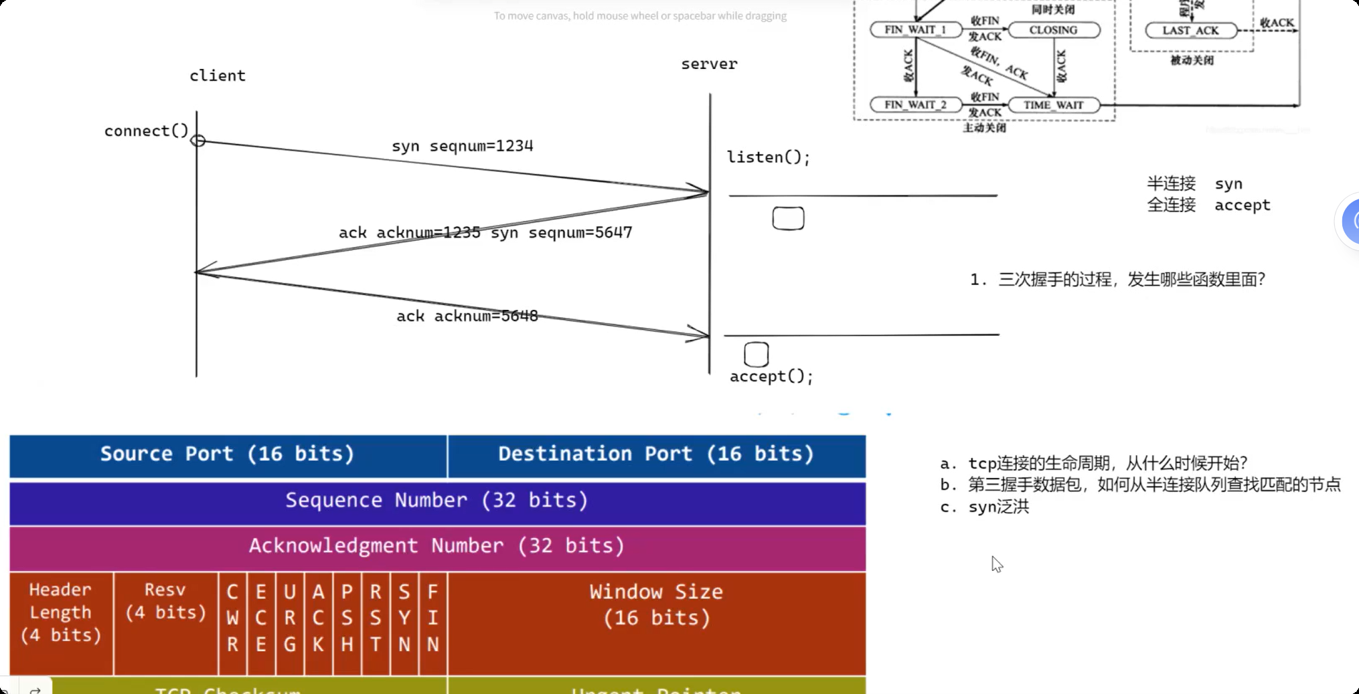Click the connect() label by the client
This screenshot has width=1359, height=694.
point(146,131)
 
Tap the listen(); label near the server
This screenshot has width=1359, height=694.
point(769,158)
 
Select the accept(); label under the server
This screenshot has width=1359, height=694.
point(771,377)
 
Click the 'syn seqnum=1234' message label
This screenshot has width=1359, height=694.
point(462,146)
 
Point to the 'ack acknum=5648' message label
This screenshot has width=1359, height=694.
point(467,316)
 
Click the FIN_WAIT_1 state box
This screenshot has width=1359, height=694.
point(915,30)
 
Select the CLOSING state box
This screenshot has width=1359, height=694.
point(1053,30)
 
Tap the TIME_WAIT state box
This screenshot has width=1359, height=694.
point(1053,105)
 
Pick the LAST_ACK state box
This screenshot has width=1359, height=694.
point(1190,31)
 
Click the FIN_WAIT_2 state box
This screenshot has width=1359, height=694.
point(915,105)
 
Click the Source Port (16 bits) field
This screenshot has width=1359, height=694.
point(228,455)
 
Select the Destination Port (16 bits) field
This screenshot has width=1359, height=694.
point(656,455)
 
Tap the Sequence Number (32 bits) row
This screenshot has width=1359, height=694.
point(437,501)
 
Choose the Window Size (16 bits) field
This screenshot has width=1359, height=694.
point(656,606)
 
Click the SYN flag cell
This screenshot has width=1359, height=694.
point(404,618)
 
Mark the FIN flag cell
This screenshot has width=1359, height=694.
point(433,618)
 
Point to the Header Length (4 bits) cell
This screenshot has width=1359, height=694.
point(61,613)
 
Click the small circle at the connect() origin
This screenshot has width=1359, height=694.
point(197,141)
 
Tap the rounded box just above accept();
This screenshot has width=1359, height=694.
point(756,354)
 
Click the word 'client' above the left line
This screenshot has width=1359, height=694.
point(218,76)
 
